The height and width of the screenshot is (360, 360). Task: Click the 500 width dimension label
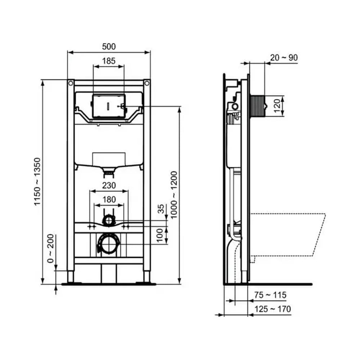click(109, 46)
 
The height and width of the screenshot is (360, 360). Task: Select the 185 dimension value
click(109, 61)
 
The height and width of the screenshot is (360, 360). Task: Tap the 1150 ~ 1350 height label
click(37, 181)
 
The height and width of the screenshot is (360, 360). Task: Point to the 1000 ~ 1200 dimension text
click(174, 195)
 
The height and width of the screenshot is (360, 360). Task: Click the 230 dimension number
click(109, 185)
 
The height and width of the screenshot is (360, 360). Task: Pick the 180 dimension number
click(109, 199)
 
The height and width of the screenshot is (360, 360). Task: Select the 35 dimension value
click(161, 209)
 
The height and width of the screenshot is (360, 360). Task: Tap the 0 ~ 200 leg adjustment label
click(50, 248)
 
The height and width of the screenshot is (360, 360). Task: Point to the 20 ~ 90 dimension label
click(284, 58)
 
